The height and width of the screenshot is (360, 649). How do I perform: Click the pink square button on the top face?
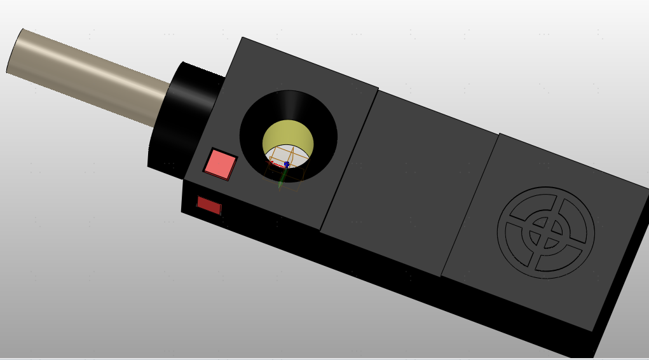pyautogui.click(x=220, y=165)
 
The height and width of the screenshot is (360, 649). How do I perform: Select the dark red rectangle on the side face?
pyautogui.click(x=208, y=205)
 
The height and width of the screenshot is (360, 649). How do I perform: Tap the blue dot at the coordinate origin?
pyautogui.click(x=287, y=164)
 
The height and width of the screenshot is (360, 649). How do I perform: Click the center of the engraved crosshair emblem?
pyautogui.click(x=545, y=232)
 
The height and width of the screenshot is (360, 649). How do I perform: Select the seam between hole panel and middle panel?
pyautogui.click(x=349, y=159)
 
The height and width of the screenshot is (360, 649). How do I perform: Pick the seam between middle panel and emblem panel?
pyautogui.click(x=470, y=204)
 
